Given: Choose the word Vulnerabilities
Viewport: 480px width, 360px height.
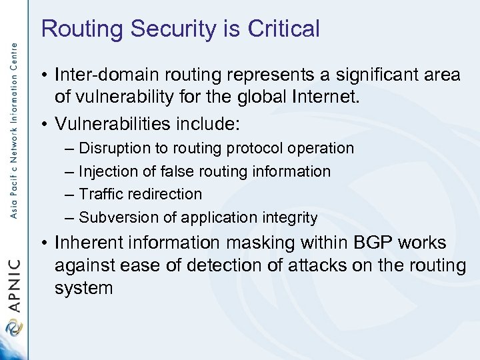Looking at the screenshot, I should coord(117,124).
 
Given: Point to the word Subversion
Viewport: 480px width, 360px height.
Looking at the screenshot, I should coord(117,217).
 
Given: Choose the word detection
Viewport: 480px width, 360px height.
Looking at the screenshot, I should coord(225,265).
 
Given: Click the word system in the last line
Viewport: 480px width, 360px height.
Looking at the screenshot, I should coord(84,288).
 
